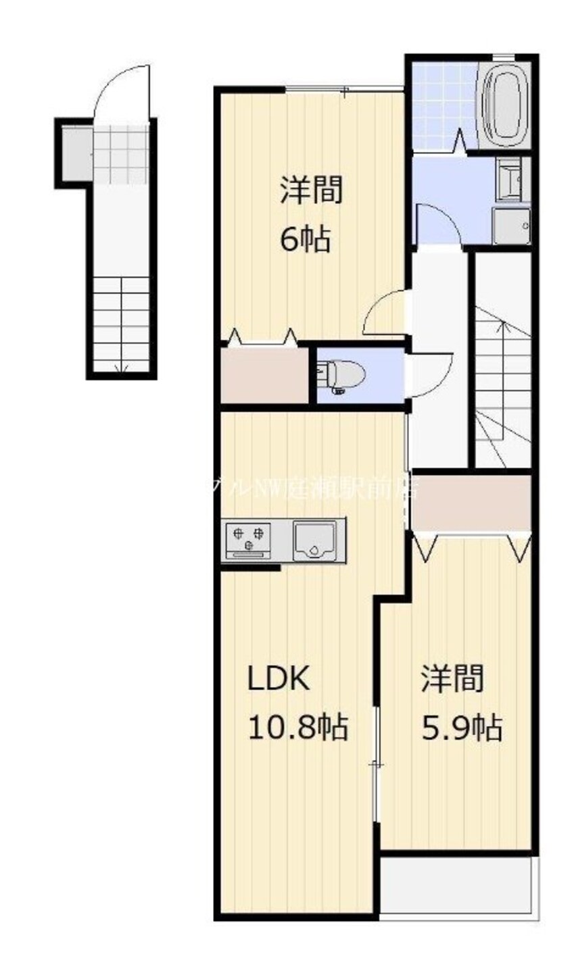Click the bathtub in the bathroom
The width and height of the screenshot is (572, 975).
click(503, 104)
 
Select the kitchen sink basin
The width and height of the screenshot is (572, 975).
click(315, 539)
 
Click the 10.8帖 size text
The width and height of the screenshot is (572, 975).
click(298, 728)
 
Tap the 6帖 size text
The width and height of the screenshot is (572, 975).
click(306, 239)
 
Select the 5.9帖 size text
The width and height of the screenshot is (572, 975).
click(462, 728)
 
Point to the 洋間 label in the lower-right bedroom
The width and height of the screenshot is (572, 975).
click(453, 680)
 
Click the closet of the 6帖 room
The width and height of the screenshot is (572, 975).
click(264, 375)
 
